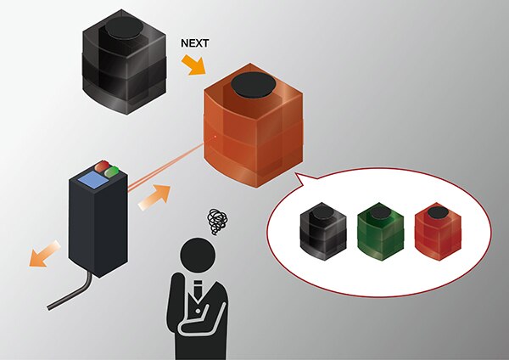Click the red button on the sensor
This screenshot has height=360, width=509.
click(x=102, y=166)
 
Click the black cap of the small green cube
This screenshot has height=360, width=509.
click(x=379, y=211)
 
